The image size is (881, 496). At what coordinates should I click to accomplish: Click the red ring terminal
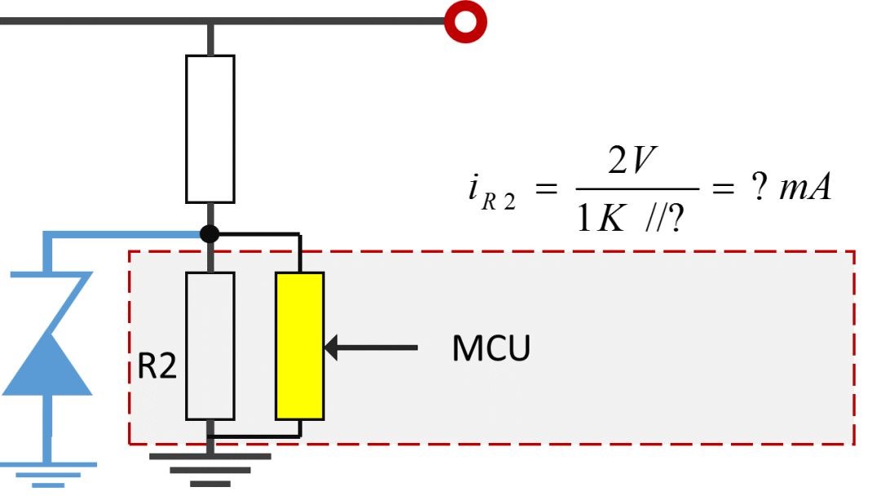pyautogui.click(x=465, y=20)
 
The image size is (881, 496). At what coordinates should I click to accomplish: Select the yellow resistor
pyautogui.click(x=299, y=346)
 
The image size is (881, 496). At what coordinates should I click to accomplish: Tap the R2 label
pyautogui.click(x=157, y=367)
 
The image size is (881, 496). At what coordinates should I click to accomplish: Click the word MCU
pyautogui.click(x=491, y=348)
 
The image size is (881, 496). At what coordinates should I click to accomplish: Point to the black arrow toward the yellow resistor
pyautogui.click(x=371, y=348)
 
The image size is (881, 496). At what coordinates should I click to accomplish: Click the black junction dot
pyautogui.click(x=210, y=234)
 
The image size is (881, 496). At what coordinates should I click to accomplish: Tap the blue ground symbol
pyautogui.click(x=48, y=473)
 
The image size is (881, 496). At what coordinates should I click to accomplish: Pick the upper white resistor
pyautogui.click(x=210, y=129)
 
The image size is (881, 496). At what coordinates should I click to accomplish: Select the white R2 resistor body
pyautogui.click(x=210, y=346)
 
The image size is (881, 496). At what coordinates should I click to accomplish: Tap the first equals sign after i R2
pyautogui.click(x=545, y=191)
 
